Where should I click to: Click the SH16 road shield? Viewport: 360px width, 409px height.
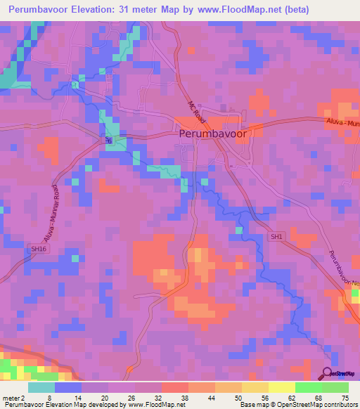37,249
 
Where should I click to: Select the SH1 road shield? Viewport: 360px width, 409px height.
277,238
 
